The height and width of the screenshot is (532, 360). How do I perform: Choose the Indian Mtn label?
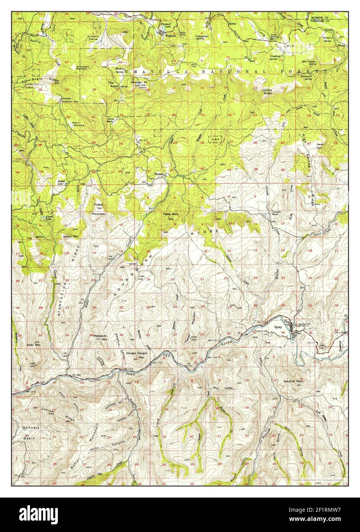71,237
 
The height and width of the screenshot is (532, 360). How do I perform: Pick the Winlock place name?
159,174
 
